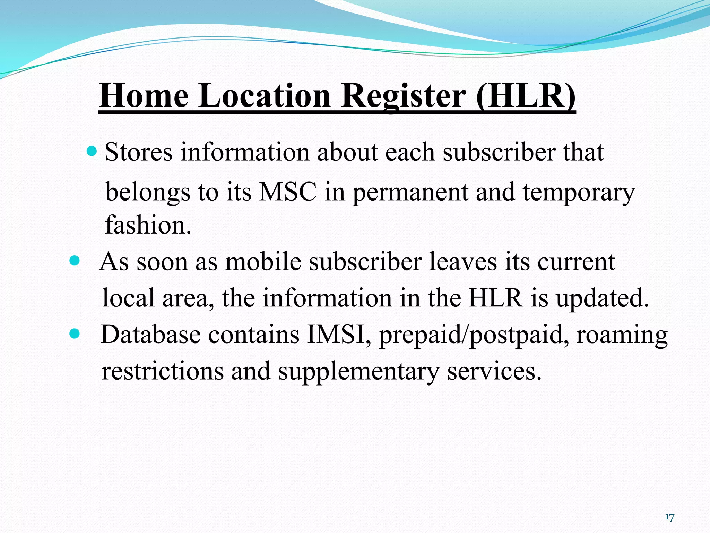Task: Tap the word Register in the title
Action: point(404,96)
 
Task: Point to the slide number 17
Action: point(669,517)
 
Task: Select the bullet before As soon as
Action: point(75,260)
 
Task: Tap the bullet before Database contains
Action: point(75,333)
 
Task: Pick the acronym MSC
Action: point(288,192)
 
